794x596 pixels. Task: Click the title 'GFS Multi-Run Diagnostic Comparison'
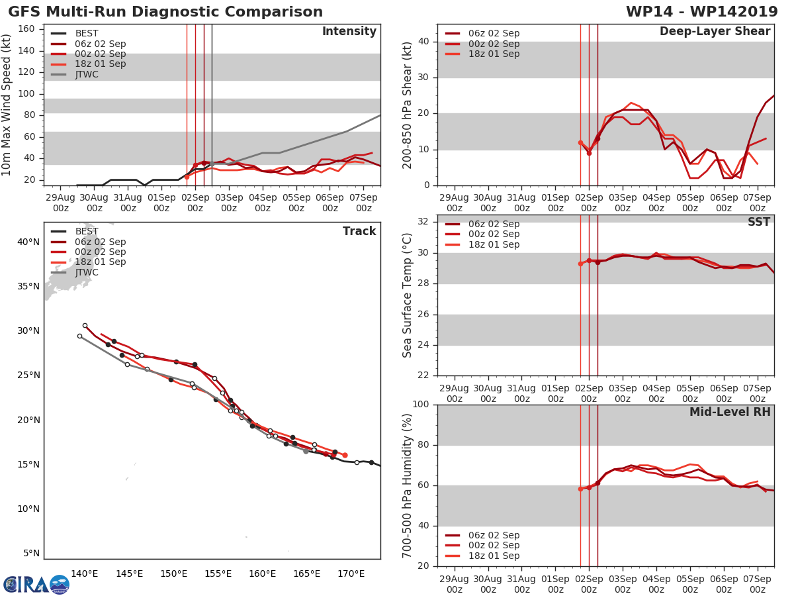[165, 12]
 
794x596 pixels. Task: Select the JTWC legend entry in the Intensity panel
[87, 74]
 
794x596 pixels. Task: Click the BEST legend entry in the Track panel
[87, 232]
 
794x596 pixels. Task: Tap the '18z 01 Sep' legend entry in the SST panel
[494, 244]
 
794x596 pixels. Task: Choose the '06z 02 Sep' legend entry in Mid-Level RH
[494, 535]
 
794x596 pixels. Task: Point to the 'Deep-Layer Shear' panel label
[715, 32]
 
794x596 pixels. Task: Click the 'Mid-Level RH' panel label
[730, 412]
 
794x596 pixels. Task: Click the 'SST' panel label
[758, 222]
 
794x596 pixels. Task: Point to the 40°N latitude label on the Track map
[28, 242]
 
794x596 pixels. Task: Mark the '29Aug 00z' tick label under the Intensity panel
[60, 203]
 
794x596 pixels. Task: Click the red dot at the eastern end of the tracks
[345, 455]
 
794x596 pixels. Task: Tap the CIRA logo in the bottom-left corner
[36, 584]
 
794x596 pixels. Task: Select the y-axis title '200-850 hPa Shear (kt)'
[408, 105]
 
